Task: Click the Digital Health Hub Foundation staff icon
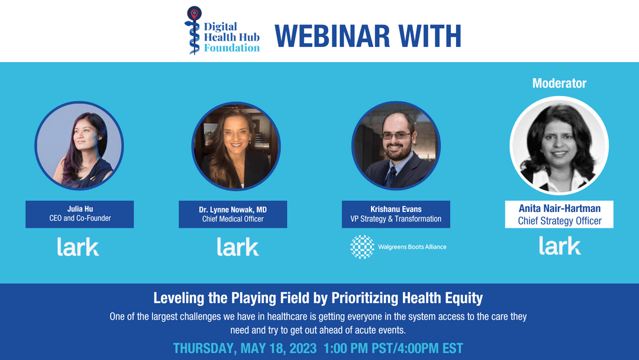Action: [x=193, y=30]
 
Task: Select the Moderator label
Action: [x=559, y=83]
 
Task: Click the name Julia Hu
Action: [x=80, y=208]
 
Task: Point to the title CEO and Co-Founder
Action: [x=80, y=218]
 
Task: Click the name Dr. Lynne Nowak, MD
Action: [x=233, y=209]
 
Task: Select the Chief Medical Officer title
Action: [x=233, y=219]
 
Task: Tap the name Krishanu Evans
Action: [x=396, y=208]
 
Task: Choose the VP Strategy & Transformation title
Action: [x=396, y=218]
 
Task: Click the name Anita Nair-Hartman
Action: [x=559, y=208]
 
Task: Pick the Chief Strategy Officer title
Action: [x=559, y=221]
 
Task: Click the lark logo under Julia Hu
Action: [x=78, y=246]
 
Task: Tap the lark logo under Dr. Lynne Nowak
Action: [x=238, y=246]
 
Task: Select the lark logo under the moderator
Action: [x=560, y=246]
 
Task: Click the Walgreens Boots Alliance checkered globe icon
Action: [x=362, y=247]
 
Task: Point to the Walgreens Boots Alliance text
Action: [x=412, y=247]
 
